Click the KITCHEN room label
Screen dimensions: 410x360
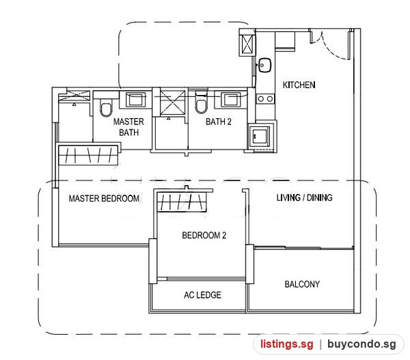[x=299, y=85]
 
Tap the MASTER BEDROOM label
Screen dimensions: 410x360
[x=104, y=198]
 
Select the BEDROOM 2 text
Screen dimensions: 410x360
[x=204, y=235]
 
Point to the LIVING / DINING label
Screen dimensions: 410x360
[x=304, y=197]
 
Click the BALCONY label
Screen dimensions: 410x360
[x=302, y=284]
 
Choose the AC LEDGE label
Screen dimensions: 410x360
[x=202, y=295]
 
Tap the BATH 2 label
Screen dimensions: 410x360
[x=219, y=122]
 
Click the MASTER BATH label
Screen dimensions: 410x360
[x=128, y=127]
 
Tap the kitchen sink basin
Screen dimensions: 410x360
[x=264, y=65]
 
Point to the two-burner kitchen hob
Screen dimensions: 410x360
[x=265, y=99]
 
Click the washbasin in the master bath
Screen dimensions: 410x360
[x=135, y=100]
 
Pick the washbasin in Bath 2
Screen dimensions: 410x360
[x=230, y=99]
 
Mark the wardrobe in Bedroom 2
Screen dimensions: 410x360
[x=182, y=201]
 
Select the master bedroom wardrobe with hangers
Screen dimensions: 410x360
[x=88, y=154]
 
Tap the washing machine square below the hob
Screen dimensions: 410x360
[x=259, y=136]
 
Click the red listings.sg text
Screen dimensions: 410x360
[x=286, y=344]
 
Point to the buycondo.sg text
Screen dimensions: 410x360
[x=361, y=344]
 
